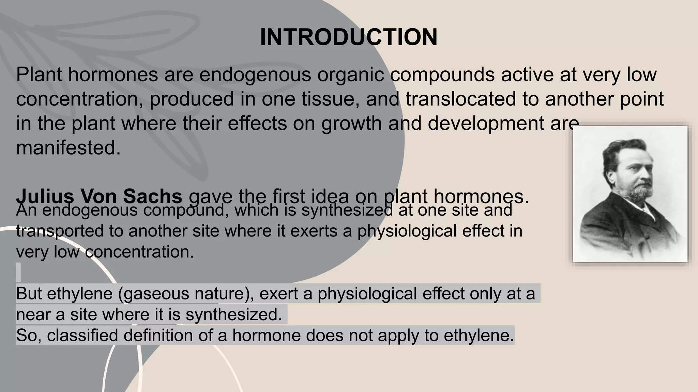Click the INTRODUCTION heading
click(348, 37)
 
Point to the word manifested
click(68, 148)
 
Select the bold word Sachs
click(152, 196)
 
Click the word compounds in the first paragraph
click(442, 75)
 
